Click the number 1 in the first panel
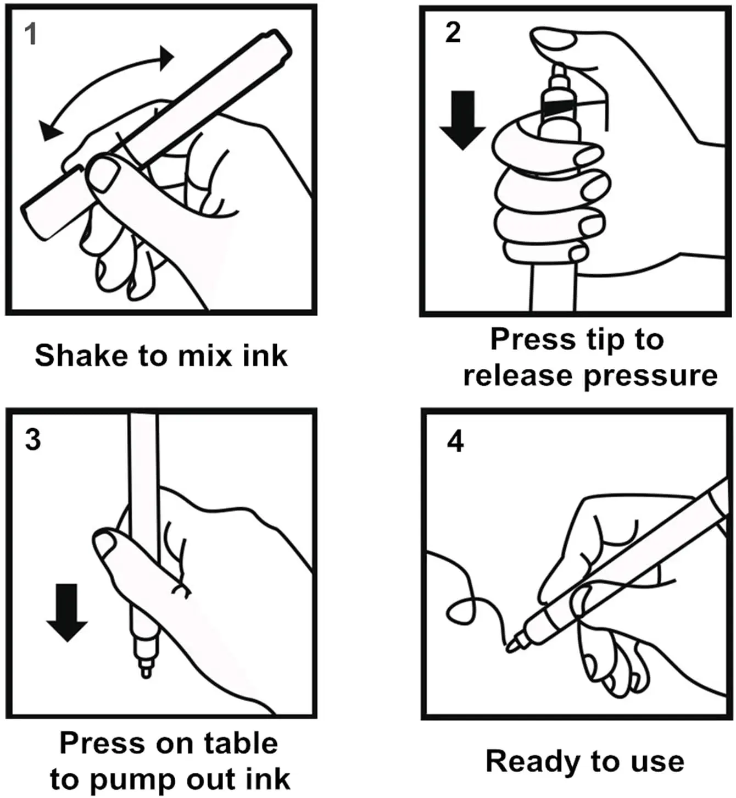coord(31,34)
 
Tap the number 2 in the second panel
coord(453,32)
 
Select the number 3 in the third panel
coord(33,440)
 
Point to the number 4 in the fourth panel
coord(455,441)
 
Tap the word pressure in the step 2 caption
coord(650,376)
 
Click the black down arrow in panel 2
coord(462,120)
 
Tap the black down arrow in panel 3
coord(67,612)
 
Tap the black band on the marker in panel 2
coord(556,107)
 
